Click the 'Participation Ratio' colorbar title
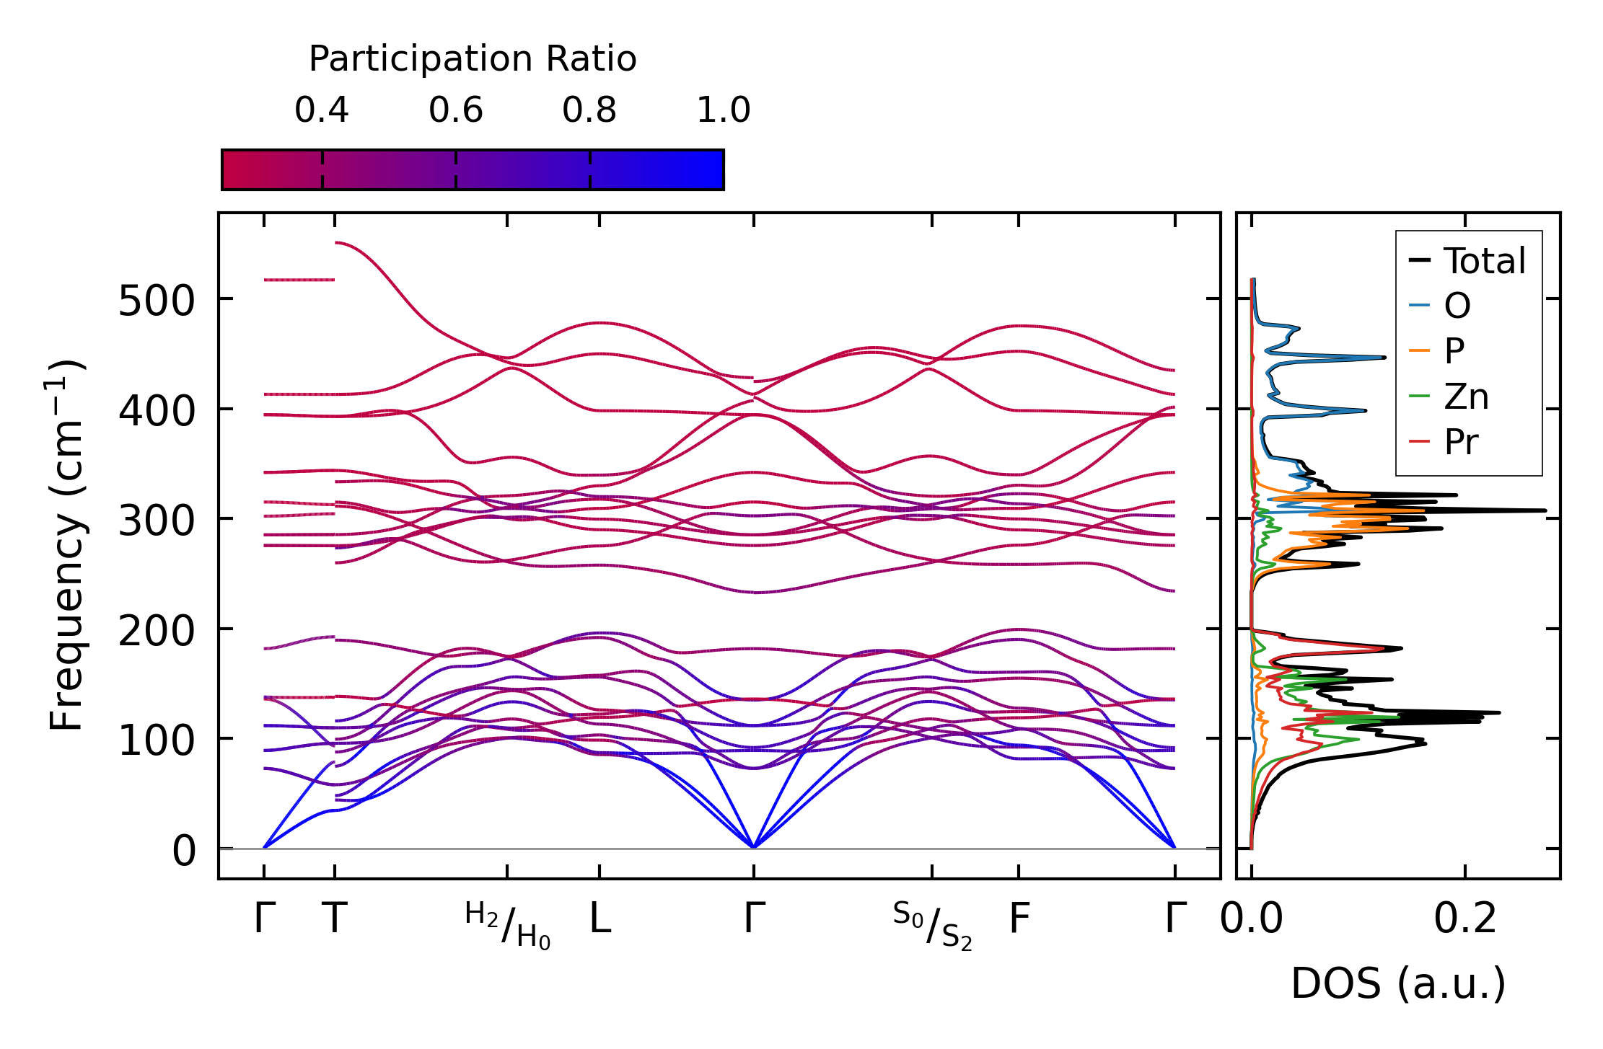click(473, 59)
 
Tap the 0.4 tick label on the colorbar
click(321, 110)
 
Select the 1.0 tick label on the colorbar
click(723, 110)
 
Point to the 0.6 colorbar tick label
click(455, 110)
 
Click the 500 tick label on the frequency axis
click(157, 301)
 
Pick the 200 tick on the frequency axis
click(157, 631)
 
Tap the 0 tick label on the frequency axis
click(184, 851)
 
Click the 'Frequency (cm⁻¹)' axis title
click(67, 546)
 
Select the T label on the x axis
click(335, 919)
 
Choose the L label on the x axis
click(600, 919)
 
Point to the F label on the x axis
click(1019, 919)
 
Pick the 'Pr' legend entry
click(1461, 442)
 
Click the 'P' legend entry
click(1454, 351)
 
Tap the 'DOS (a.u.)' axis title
click(1398, 983)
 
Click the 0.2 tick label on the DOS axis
click(1464, 919)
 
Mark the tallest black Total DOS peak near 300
click(1544, 510)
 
